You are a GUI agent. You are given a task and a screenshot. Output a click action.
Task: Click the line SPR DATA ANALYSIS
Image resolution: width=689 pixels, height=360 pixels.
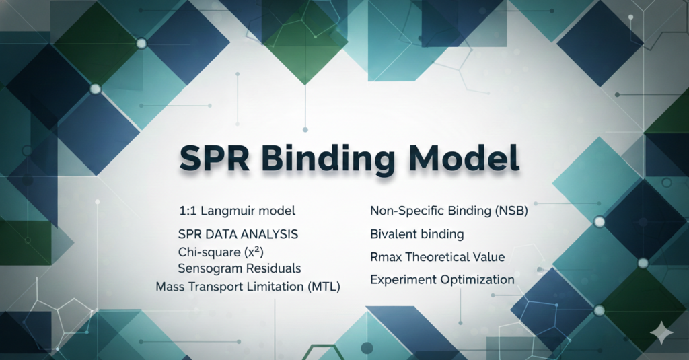coord(238,235)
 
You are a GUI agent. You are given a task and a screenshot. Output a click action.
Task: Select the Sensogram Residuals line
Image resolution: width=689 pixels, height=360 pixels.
coord(239,268)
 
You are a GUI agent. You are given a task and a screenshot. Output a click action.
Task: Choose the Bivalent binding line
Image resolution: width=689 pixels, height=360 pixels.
coord(416,234)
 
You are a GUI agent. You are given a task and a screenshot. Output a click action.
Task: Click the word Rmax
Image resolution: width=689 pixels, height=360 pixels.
coord(386,257)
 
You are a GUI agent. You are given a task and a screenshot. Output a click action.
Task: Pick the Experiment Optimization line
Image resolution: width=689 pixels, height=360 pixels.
coord(442,279)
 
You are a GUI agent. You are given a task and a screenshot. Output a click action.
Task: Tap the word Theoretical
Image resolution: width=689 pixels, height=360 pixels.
coord(439,257)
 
